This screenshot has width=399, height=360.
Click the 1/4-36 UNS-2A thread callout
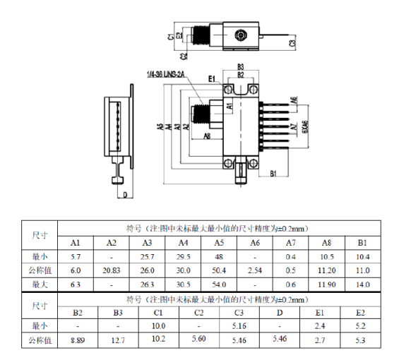point(165,74)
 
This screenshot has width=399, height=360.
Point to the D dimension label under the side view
point(125,195)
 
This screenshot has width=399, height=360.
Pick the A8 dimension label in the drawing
point(207,136)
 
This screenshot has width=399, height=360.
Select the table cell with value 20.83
point(111,270)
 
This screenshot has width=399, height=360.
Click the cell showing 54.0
point(220,284)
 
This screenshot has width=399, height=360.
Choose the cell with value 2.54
point(256,270)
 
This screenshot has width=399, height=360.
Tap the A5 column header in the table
point(220,243)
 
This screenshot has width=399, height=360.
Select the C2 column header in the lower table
point(199,311)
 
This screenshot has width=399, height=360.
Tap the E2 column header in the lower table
point(361,311)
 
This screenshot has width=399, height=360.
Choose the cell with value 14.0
point(363,284)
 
